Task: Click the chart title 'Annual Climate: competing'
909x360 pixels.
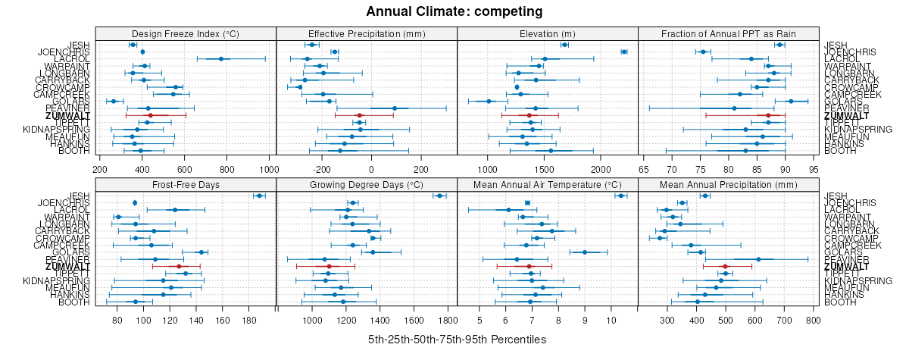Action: coord(454,11)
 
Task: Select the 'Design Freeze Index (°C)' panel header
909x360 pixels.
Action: coord(186,33)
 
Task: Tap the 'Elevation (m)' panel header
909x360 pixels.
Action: coord(548,33)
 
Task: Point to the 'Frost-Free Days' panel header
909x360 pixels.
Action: coord(186,184)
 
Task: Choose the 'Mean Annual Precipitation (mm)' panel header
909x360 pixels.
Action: coord(729,184)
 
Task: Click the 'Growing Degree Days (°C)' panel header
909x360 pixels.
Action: coord(367,184)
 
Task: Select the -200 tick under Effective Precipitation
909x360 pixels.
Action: coord(321,168)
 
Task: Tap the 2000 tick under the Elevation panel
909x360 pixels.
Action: coord(600,168)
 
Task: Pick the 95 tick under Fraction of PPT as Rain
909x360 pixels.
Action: coord(814,168)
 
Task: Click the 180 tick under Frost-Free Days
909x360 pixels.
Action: coord(249,320)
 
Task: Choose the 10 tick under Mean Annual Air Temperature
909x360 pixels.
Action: coord(611,320)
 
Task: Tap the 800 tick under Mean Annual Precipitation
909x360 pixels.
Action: coord(813,320)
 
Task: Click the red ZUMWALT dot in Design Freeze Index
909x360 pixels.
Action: coord(151,115)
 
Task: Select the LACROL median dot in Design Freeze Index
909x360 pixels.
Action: coord(221,58)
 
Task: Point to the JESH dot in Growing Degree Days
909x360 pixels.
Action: coord(439,196)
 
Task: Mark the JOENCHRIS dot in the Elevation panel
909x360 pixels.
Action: coord(623,52)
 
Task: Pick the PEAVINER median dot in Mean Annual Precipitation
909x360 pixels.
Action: coord(758,259)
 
